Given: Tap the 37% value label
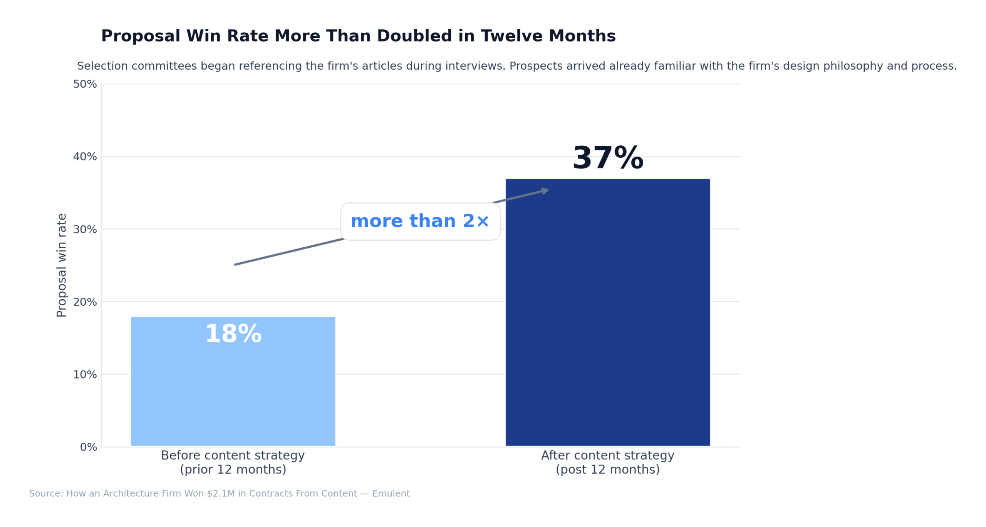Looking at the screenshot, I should pos(607,158).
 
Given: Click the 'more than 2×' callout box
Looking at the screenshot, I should pos(420,221).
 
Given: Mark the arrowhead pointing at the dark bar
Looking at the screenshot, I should pos(544,190).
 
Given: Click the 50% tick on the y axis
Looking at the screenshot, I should pos(85,84).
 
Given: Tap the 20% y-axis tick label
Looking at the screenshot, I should pos(85,302).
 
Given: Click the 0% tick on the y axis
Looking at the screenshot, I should pos(88,447).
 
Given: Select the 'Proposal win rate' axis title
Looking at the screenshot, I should pos(62,265).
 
